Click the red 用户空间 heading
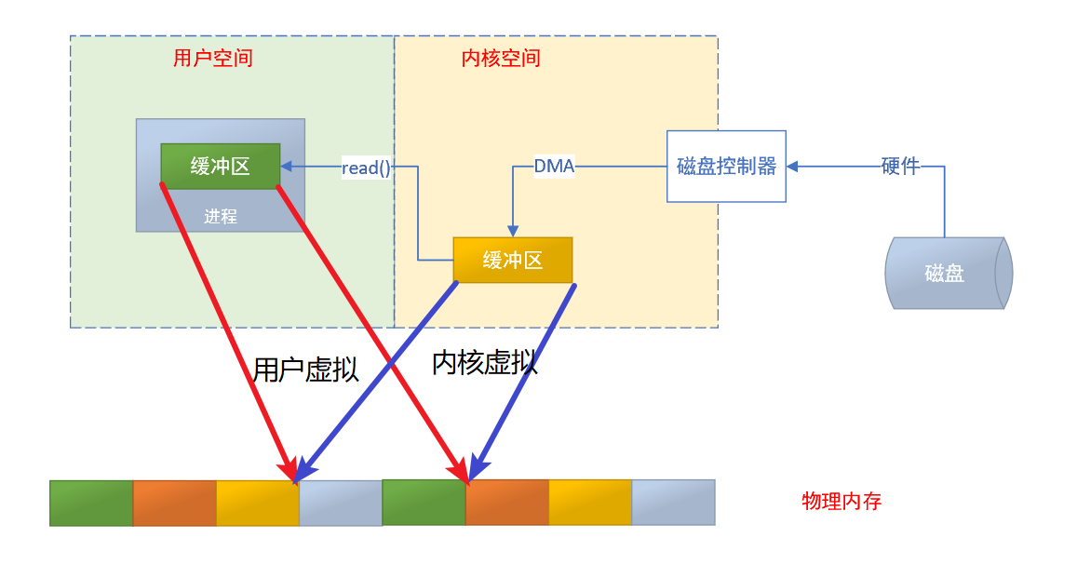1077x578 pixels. [212, 59]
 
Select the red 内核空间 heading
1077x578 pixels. [501, 59]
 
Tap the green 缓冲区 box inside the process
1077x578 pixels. [220, 166]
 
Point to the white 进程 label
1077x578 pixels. [221, 216]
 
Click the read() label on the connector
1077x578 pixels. [366, 168]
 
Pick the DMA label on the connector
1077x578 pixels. [554, 167]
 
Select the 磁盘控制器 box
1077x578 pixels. [726, 167]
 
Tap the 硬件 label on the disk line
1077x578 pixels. [900, 167]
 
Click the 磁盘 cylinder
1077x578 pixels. [945, 273]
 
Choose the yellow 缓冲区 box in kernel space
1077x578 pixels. [512, 260]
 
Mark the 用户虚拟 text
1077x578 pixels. [305, 370]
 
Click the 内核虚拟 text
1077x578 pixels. [485, 362]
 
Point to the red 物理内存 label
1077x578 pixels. [841, 502]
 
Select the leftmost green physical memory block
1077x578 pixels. [91, 503]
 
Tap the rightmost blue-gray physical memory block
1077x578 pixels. [673, 503]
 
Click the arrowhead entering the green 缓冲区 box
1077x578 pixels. [287, 167]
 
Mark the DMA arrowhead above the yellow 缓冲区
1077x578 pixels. [512, 231]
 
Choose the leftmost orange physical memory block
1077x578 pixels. [174, 503]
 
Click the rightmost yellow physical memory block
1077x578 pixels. [590, 503]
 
